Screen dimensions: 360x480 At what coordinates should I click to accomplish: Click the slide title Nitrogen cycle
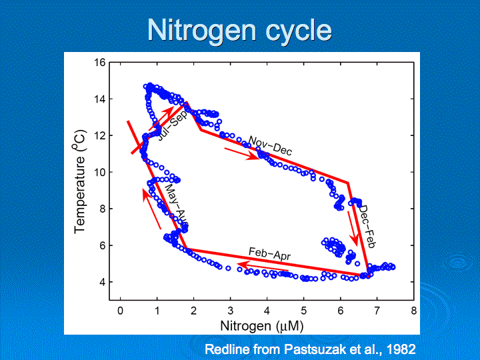tap(239, 31)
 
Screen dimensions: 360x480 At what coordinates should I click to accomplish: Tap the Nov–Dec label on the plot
tap(270, 145)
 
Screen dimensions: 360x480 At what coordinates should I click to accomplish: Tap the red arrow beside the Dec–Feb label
tap(353, 230)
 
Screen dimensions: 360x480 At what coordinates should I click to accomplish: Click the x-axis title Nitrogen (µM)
tap(261, 327)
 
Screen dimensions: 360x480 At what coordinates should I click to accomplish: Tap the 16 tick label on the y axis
tap(100, 63)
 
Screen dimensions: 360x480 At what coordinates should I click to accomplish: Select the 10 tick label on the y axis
tap(100, 172)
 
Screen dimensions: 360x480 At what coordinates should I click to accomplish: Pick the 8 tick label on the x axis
tap(413, 311)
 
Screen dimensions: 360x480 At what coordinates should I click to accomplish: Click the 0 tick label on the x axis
tap(120, 311)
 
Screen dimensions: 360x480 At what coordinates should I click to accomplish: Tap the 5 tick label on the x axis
tap(303, 311)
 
